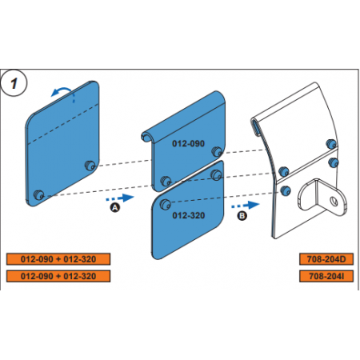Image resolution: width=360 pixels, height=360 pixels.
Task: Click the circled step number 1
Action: (x=14, y=83)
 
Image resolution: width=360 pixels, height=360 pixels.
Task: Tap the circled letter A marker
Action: (x=115, y=207)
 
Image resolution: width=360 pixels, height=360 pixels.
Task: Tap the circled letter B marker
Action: (x=242, y=215)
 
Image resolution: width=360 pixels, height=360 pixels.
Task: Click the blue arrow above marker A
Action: (x=120, y=198)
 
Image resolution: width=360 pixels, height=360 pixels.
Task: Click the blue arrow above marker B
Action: (x=245, y=206)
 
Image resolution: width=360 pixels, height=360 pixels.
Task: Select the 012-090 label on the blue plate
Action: (x=188, y=143)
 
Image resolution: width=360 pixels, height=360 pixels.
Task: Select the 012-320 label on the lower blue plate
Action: (x=189, y=215)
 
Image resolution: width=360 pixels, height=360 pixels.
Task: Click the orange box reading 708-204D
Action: (x=326, y=259)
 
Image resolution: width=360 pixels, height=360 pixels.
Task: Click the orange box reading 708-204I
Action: (x=326, y=276)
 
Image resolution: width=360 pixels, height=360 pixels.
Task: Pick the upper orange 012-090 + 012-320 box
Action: (x=58, y=259)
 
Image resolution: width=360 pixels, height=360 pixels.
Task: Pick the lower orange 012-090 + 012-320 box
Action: (x=58, y=276)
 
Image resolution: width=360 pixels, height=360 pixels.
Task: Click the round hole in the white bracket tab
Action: (x=334, y=201)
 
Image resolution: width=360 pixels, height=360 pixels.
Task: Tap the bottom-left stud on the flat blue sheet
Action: (x=39, y=194)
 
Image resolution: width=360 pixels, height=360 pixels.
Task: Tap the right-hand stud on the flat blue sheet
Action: (x=90, y=166)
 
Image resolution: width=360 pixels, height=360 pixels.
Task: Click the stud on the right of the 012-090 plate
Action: (x=217, y=151)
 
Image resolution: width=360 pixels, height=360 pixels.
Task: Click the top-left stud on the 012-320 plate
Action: (x=166, y=205)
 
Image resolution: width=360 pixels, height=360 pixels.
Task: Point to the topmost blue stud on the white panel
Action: (x=331, y=144)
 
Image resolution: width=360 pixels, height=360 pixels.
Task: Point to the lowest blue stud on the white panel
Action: (x=286, y=190)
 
